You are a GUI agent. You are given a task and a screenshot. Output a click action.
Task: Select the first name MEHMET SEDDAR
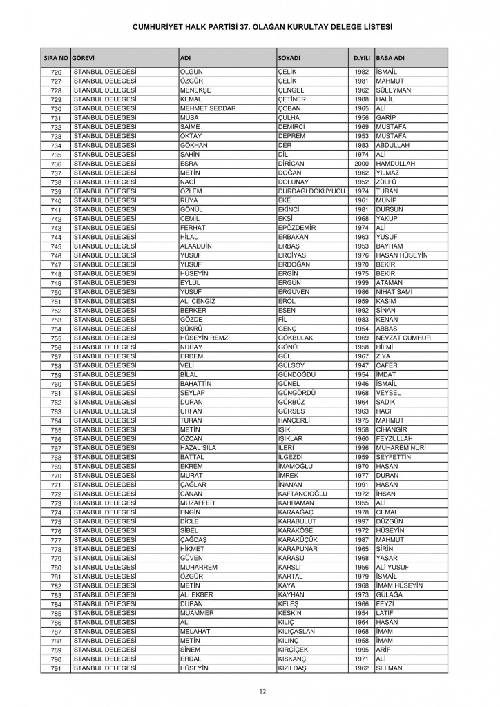(x=207, y=108)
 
